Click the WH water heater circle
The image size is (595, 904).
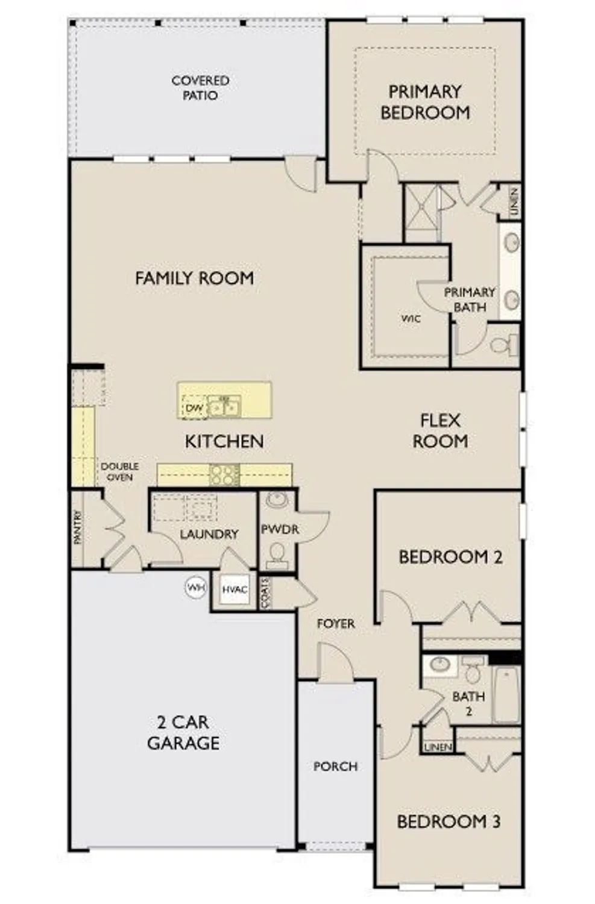(195, 587)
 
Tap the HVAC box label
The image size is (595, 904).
(235, 589)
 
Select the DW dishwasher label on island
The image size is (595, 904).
(194, 408)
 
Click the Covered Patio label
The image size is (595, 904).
(200, 88)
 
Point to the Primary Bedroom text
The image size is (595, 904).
(425, 102)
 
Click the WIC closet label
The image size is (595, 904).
(411, 318)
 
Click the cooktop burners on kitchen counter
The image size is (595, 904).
(224, 475)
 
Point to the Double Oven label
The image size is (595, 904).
(119, 471)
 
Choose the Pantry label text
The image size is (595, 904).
(78, 528)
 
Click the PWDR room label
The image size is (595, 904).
(280, 529)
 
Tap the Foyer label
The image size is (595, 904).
(336, 624)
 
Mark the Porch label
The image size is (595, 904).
(335, 767)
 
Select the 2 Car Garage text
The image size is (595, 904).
(183, 732)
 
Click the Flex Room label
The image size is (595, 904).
(440, 430)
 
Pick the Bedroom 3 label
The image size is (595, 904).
(449, 821)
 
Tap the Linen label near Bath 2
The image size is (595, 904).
(438, 747)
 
